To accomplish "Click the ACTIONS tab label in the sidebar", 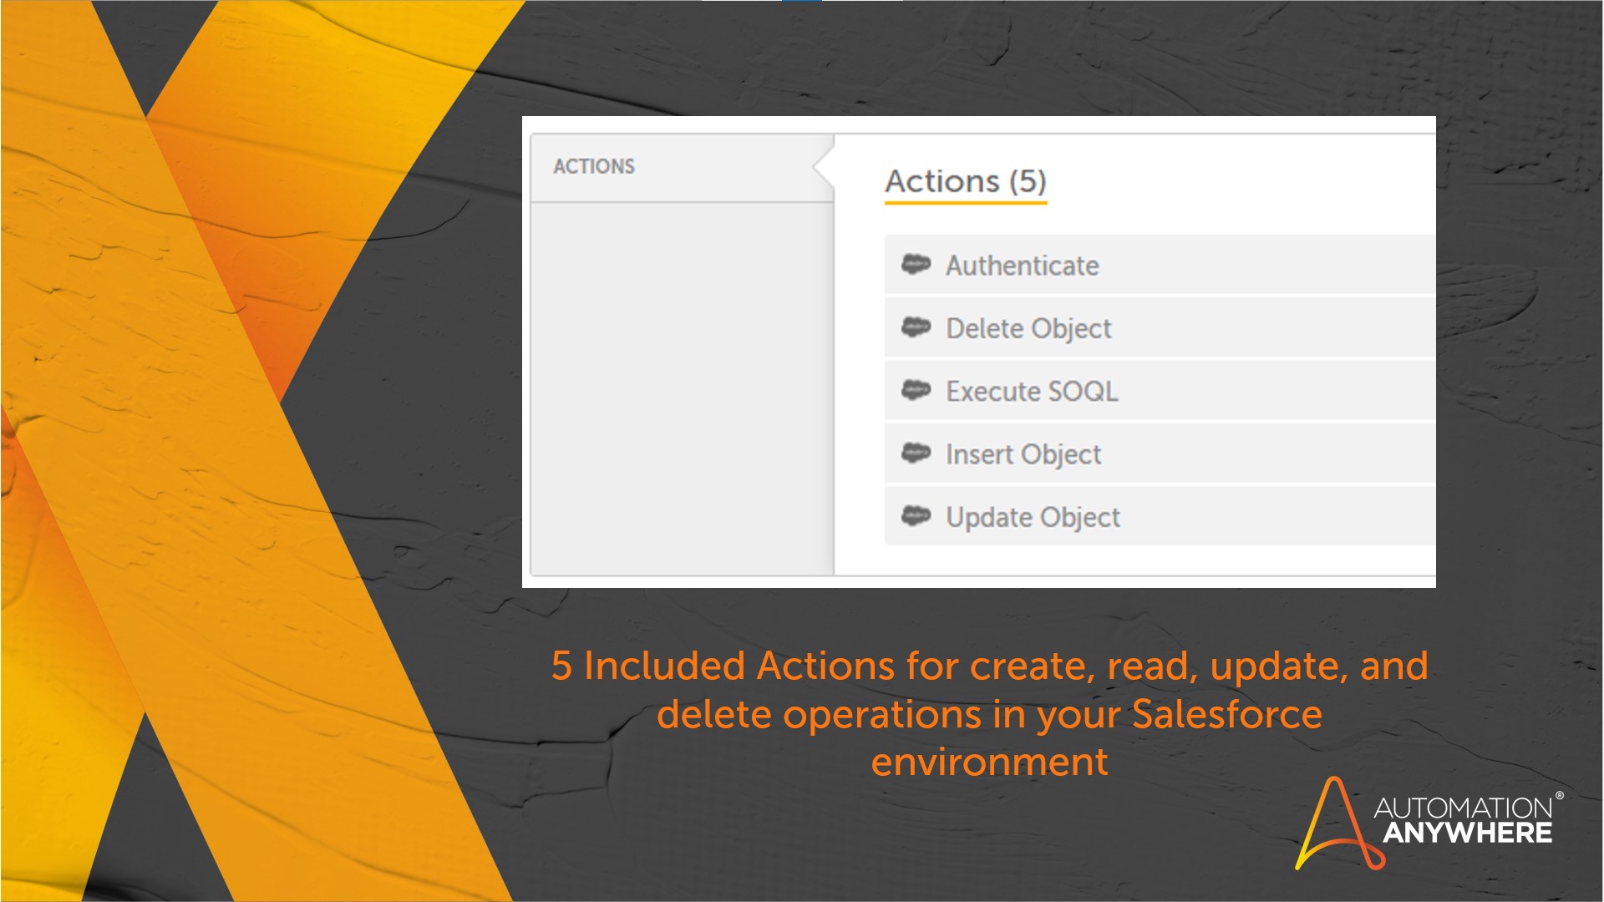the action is (x=594, y=166).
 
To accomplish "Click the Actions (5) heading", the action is (x=966, y=181).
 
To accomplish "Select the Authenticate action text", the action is (x=1022, y=266).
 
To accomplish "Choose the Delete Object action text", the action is (x=1028, y=329).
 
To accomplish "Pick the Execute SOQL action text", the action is (x=1032, y=391).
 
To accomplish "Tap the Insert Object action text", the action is (x=1023, y=454).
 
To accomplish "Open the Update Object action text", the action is (x=1033, y=518).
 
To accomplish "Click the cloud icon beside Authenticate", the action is (x=916, y=264).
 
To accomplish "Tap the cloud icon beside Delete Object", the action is (x=916, y=327).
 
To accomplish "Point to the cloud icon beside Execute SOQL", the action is (x=916, y=390).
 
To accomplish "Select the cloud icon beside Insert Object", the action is (x=916, y=453).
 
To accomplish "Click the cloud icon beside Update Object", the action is (x=916, y=516).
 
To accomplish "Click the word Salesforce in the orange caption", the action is (x=1227, y=714).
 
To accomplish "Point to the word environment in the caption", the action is (x=990, y=763).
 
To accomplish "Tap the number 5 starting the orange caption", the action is (x=561, y=666).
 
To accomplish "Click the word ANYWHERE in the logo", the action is (x=1468, y=833).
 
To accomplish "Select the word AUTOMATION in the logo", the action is (x=1464, y=808).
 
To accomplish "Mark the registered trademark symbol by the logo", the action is (x=1559, y=796).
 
